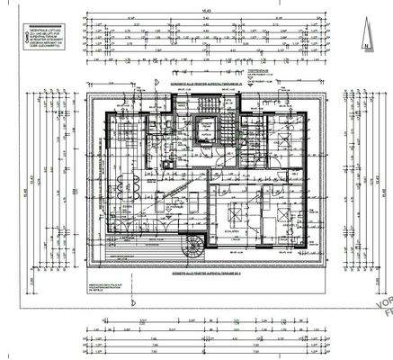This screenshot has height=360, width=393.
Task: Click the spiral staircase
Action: [x=191, y=246]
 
